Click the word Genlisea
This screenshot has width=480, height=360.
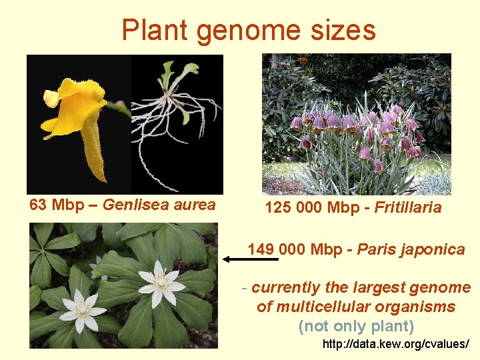click(139, 205)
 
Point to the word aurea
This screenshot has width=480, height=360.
click(195, 205)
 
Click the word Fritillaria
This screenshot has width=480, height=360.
click(407, 207)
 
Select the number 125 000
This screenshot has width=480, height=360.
click(294, 207)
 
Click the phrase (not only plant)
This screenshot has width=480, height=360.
click(356, 327)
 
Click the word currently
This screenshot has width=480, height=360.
click(286, 288)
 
